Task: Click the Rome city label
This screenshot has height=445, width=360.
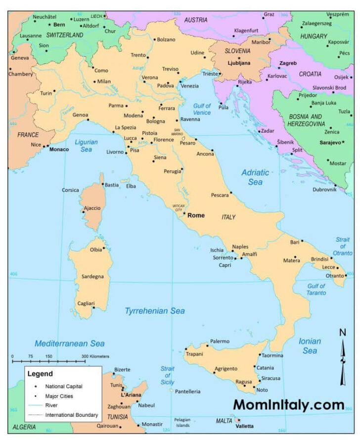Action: [196, 215]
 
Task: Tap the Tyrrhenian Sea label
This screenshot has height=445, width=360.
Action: [154, 311]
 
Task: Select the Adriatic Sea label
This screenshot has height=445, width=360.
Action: [255, 177]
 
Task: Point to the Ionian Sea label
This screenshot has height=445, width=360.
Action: [310, 346]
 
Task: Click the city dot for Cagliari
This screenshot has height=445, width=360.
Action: [93, 308]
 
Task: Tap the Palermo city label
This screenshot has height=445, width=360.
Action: [220, 341]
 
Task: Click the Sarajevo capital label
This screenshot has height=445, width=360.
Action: [330, 143]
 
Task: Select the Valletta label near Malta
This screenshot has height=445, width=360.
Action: [244, 426]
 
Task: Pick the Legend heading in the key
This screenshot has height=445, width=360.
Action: [40, 374]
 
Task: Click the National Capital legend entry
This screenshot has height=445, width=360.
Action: [64, 386]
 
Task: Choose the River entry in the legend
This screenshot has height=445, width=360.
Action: [51, 405]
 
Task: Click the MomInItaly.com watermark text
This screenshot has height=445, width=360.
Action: [289, 405]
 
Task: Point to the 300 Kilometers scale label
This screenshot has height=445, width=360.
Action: [95, 356]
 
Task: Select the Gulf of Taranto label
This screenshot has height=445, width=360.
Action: [316, 289]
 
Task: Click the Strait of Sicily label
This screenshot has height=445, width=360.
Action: [167, 375]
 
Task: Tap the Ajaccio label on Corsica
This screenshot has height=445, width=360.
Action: [92, 208]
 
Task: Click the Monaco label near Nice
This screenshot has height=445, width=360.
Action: [59, 149]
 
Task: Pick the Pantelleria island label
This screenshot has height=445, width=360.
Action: [188, 391]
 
